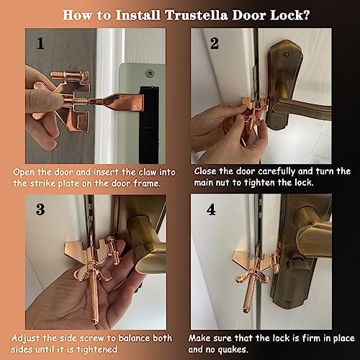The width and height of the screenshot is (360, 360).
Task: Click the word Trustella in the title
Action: [x=196, y=15]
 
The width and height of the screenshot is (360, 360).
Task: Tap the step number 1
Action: [x=40, y=43]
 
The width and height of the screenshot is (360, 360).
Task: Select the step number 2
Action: [x=215, y=43]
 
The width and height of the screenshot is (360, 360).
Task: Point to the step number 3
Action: [x=40, y=210]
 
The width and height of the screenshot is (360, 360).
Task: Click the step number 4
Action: [x=211, y=210]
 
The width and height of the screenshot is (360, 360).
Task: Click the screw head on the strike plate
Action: [x=150, y=73]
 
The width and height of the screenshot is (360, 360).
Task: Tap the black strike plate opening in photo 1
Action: [x=149, y=125]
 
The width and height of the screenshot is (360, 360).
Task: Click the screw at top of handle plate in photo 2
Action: [x=285, y=55]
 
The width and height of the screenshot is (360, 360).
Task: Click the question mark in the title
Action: [x=305, y=15]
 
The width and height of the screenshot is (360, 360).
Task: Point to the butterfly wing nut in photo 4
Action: [x=253, y=276]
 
